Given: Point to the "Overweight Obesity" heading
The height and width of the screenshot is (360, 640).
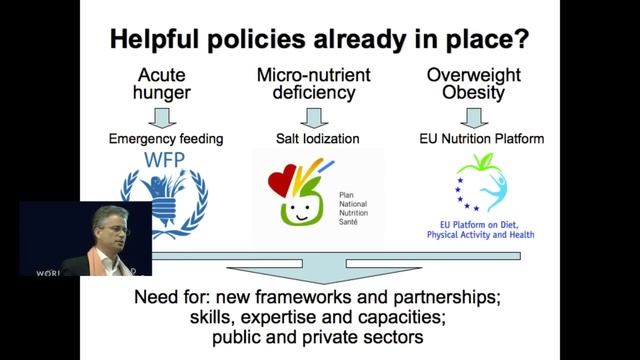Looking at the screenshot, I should tap(482, 84).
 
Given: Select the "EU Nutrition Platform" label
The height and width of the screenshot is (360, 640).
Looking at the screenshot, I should tap(480, 138).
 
